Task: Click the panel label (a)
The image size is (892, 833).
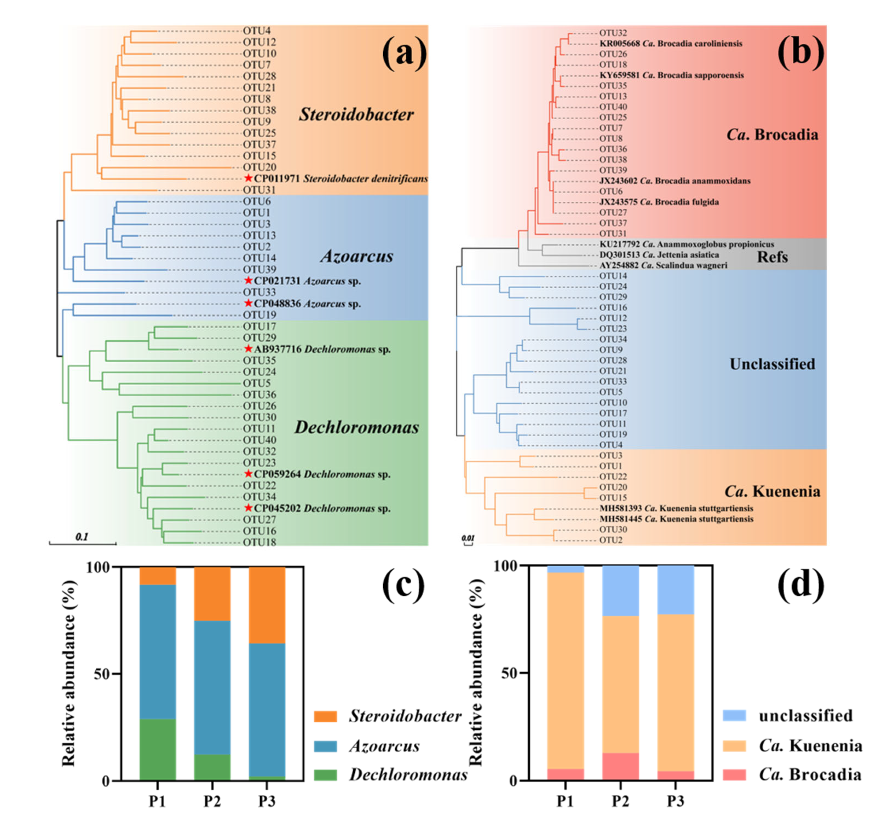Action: [x=404, y=54]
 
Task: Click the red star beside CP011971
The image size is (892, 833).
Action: [x=249, y=178]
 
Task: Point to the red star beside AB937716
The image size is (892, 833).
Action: [x=249, y=349]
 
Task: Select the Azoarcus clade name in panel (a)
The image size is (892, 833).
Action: [x=357, y=256]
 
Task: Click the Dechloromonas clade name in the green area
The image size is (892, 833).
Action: [x=357, y=427]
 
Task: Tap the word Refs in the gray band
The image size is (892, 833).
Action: [x=772, y=257]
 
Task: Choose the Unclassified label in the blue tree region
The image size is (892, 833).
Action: [x=772, y=364]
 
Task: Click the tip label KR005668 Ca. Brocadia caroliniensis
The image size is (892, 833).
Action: [x=671, y=43]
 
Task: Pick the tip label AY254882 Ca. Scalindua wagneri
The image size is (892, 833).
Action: [x=663, y=265]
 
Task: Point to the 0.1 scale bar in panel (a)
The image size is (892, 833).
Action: [x=83, y=543]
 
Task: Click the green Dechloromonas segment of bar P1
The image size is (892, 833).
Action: [x=158, y=750]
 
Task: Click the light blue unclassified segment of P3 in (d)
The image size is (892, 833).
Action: [x=676, y=590]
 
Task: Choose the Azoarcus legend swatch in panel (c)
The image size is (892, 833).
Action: [x=325, y=747]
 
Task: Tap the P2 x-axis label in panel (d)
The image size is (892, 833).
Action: [x=621, y=802]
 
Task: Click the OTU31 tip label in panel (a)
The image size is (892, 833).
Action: [x=259, y=190]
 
